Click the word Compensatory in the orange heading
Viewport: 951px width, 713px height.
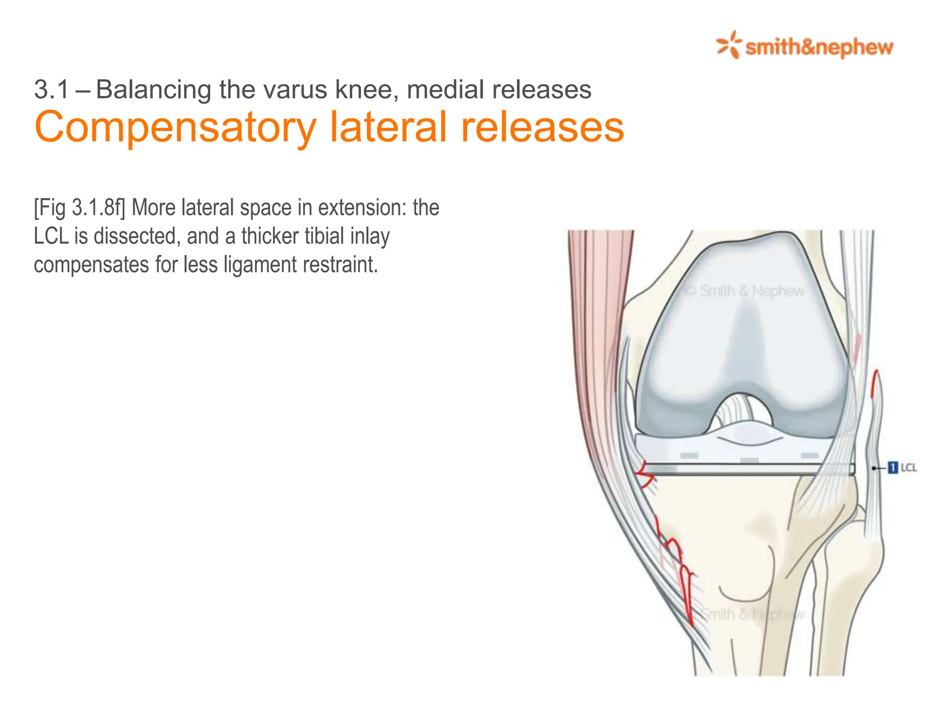tap(175, 127)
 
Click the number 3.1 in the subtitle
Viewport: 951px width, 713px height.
tap(52, 90)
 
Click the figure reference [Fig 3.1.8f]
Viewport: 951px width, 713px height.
tap(79, 207)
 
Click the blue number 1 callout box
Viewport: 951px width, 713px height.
tap(892, 467)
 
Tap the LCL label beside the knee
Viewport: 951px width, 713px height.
tap(909, 467)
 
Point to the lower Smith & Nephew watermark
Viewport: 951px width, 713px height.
tap(752, 614)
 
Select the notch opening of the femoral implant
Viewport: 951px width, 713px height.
tap(742, 411)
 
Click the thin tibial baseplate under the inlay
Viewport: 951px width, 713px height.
tap(748, 469)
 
